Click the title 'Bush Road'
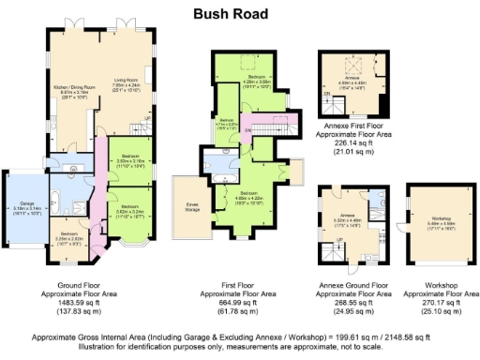pos(231,14)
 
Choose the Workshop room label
pos(432,221)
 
